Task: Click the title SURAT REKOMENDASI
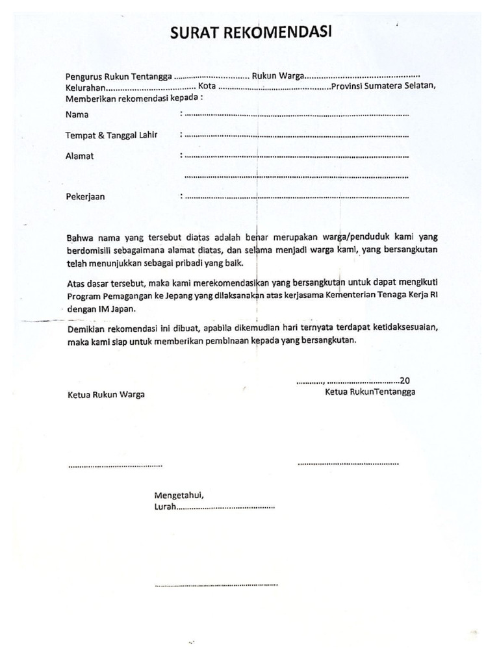[x=251, y=33]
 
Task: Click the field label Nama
[x=77, y=115]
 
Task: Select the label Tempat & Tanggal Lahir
[x=112, y=135]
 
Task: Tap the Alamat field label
[x=80, y=156]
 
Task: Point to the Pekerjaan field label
[x=85, y=196]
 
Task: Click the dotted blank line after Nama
[x=296, y=116]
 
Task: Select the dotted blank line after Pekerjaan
[x=296, y=197]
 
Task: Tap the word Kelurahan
[x=85, y=88]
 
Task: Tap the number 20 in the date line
[x=405, y=381]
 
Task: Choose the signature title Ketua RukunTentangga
[x=370, y=392]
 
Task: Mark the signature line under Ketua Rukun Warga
[x=114, y=466]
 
